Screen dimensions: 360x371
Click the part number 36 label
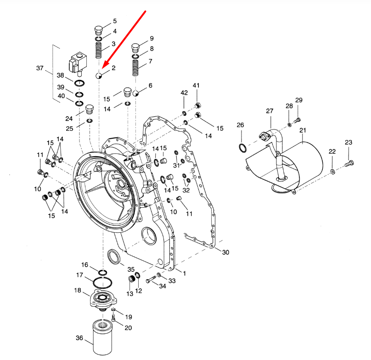79,338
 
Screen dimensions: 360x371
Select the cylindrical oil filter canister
104,336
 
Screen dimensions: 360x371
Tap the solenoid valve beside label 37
77,64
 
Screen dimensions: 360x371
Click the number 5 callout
114,21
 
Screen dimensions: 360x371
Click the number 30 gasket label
225,252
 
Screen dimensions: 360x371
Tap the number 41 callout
196,86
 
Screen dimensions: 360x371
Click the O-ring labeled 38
79,83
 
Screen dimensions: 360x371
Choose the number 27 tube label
270,111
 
